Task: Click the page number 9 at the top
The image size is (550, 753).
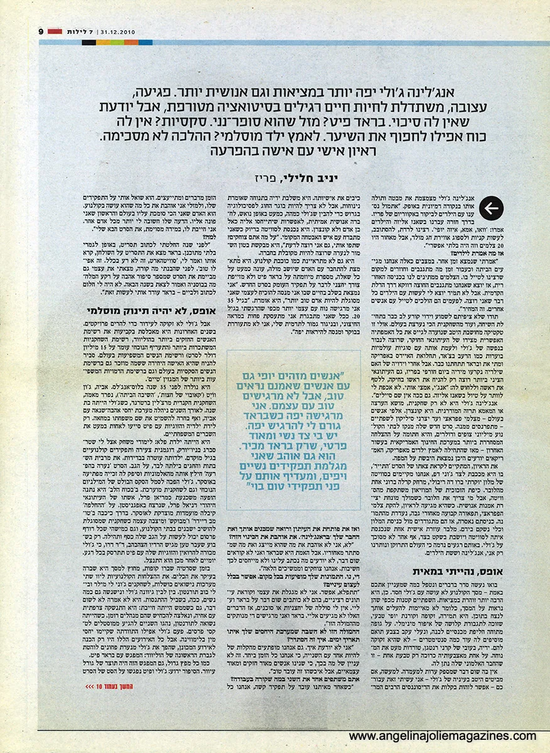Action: pyautogui.click(x=40, y=31)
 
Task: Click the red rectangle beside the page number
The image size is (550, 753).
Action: pyautogui.click(x=54, y=31)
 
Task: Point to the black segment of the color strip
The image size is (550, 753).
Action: pyautogui.click(x=89, y=43)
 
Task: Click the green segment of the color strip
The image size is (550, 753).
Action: pyautogui.click(x=117, y=43)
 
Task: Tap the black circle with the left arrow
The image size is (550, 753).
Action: pyautogui.click(x=491, y=208)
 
